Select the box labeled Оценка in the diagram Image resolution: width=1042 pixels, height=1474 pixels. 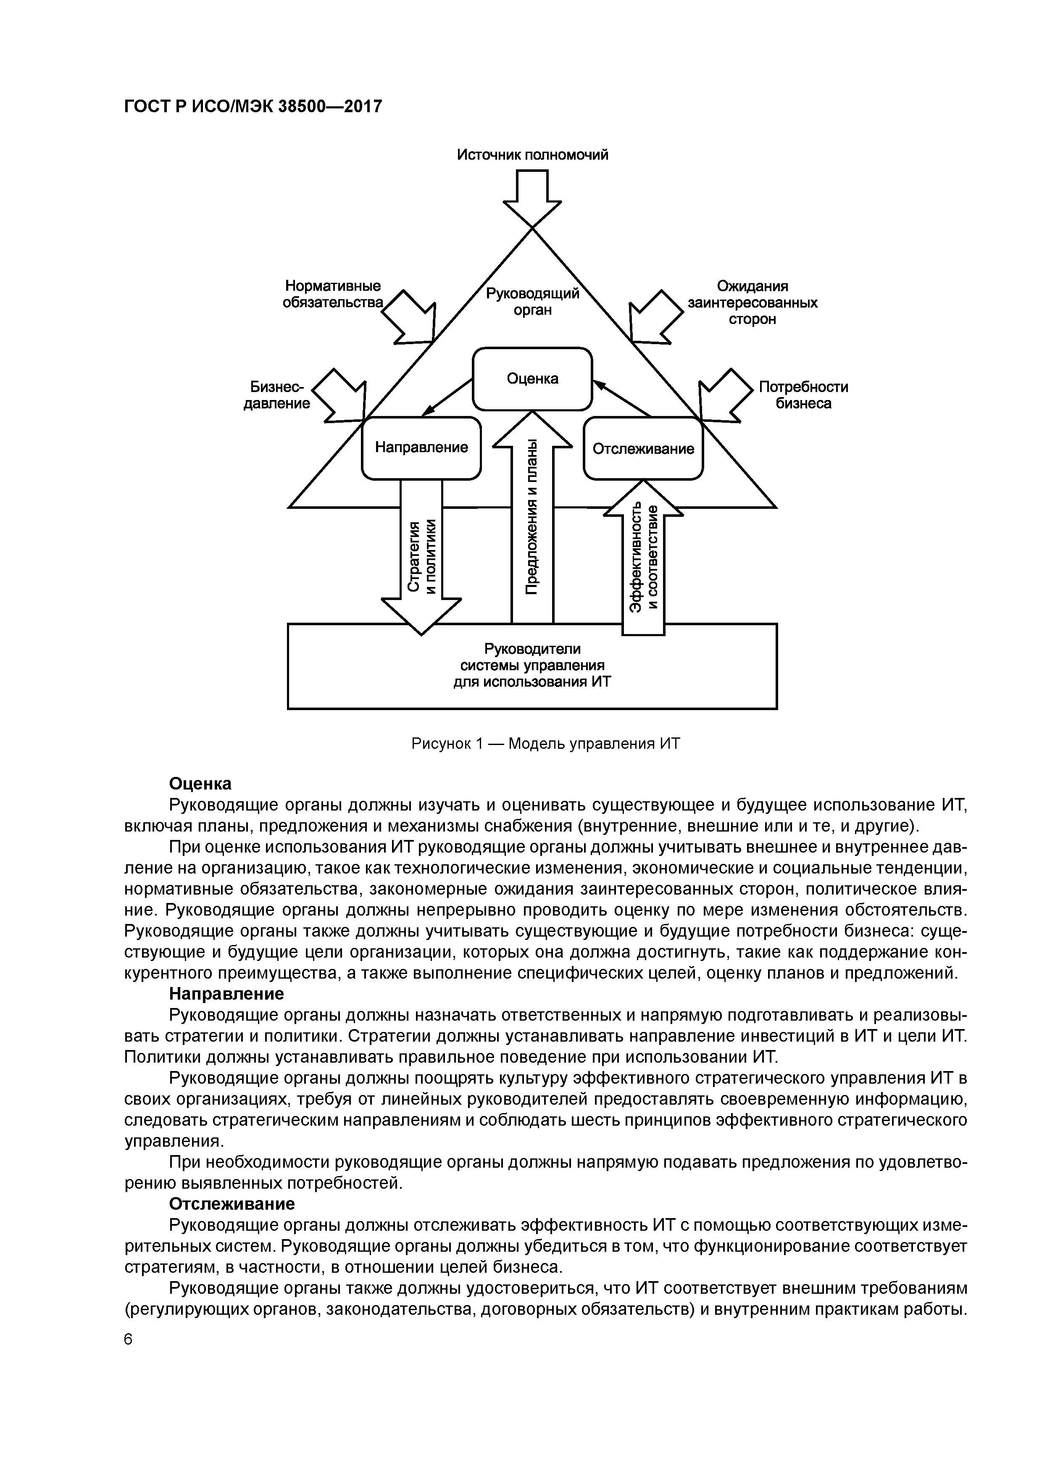point(532,379)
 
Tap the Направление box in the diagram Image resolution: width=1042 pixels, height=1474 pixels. point(421,447)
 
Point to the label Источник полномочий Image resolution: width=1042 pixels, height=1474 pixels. point(532,155)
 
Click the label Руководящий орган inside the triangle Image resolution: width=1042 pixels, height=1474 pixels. point(532,302)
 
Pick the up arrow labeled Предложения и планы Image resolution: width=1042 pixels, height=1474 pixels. point(532,520)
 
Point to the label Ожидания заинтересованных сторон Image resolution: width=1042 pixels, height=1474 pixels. point(753,303)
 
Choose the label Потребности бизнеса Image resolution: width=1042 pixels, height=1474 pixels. point(803,395)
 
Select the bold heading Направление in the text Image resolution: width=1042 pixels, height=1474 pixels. point(226,994)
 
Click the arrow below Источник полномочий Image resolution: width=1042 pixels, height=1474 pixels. point(532,198)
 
